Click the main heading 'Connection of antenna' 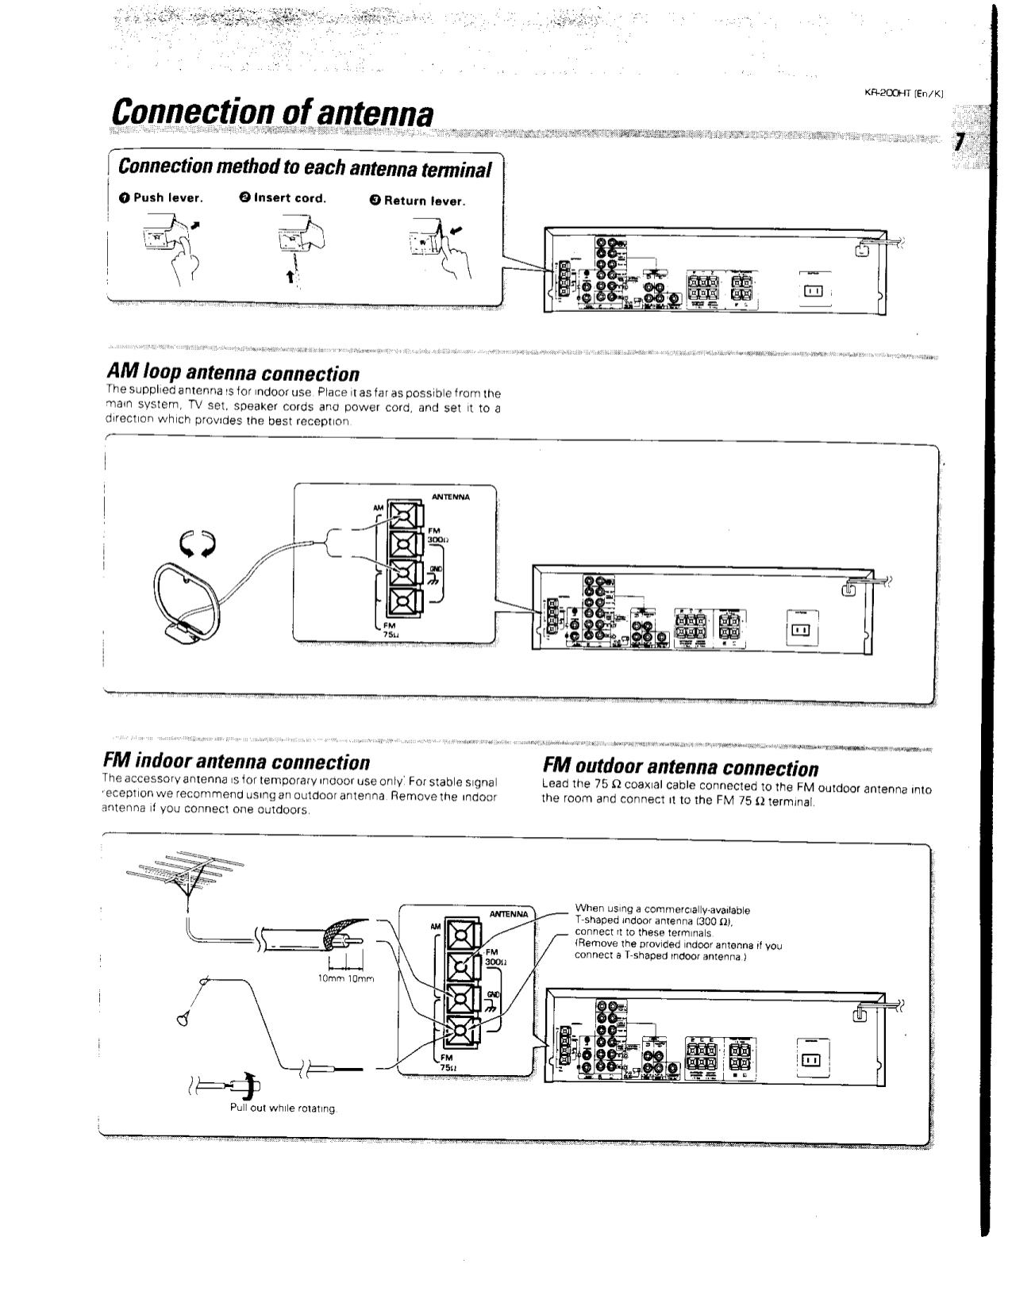(x=272, y=113)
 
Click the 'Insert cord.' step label (x=283, y=198)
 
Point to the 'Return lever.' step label (x=417, y=201)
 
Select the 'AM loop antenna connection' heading (x=233, y=373)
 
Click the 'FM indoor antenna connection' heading (x=237, y=762)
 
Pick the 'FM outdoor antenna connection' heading (x=680, y=768)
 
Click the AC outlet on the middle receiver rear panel (x=799, y=630)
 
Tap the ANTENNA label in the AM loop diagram (x=450, y=497)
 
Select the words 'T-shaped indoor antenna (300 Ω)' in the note (x=653, y=921)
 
